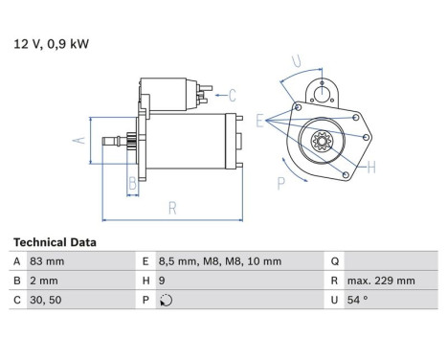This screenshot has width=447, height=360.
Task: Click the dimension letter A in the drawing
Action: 79,140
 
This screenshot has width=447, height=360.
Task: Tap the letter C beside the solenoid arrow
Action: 233,94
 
